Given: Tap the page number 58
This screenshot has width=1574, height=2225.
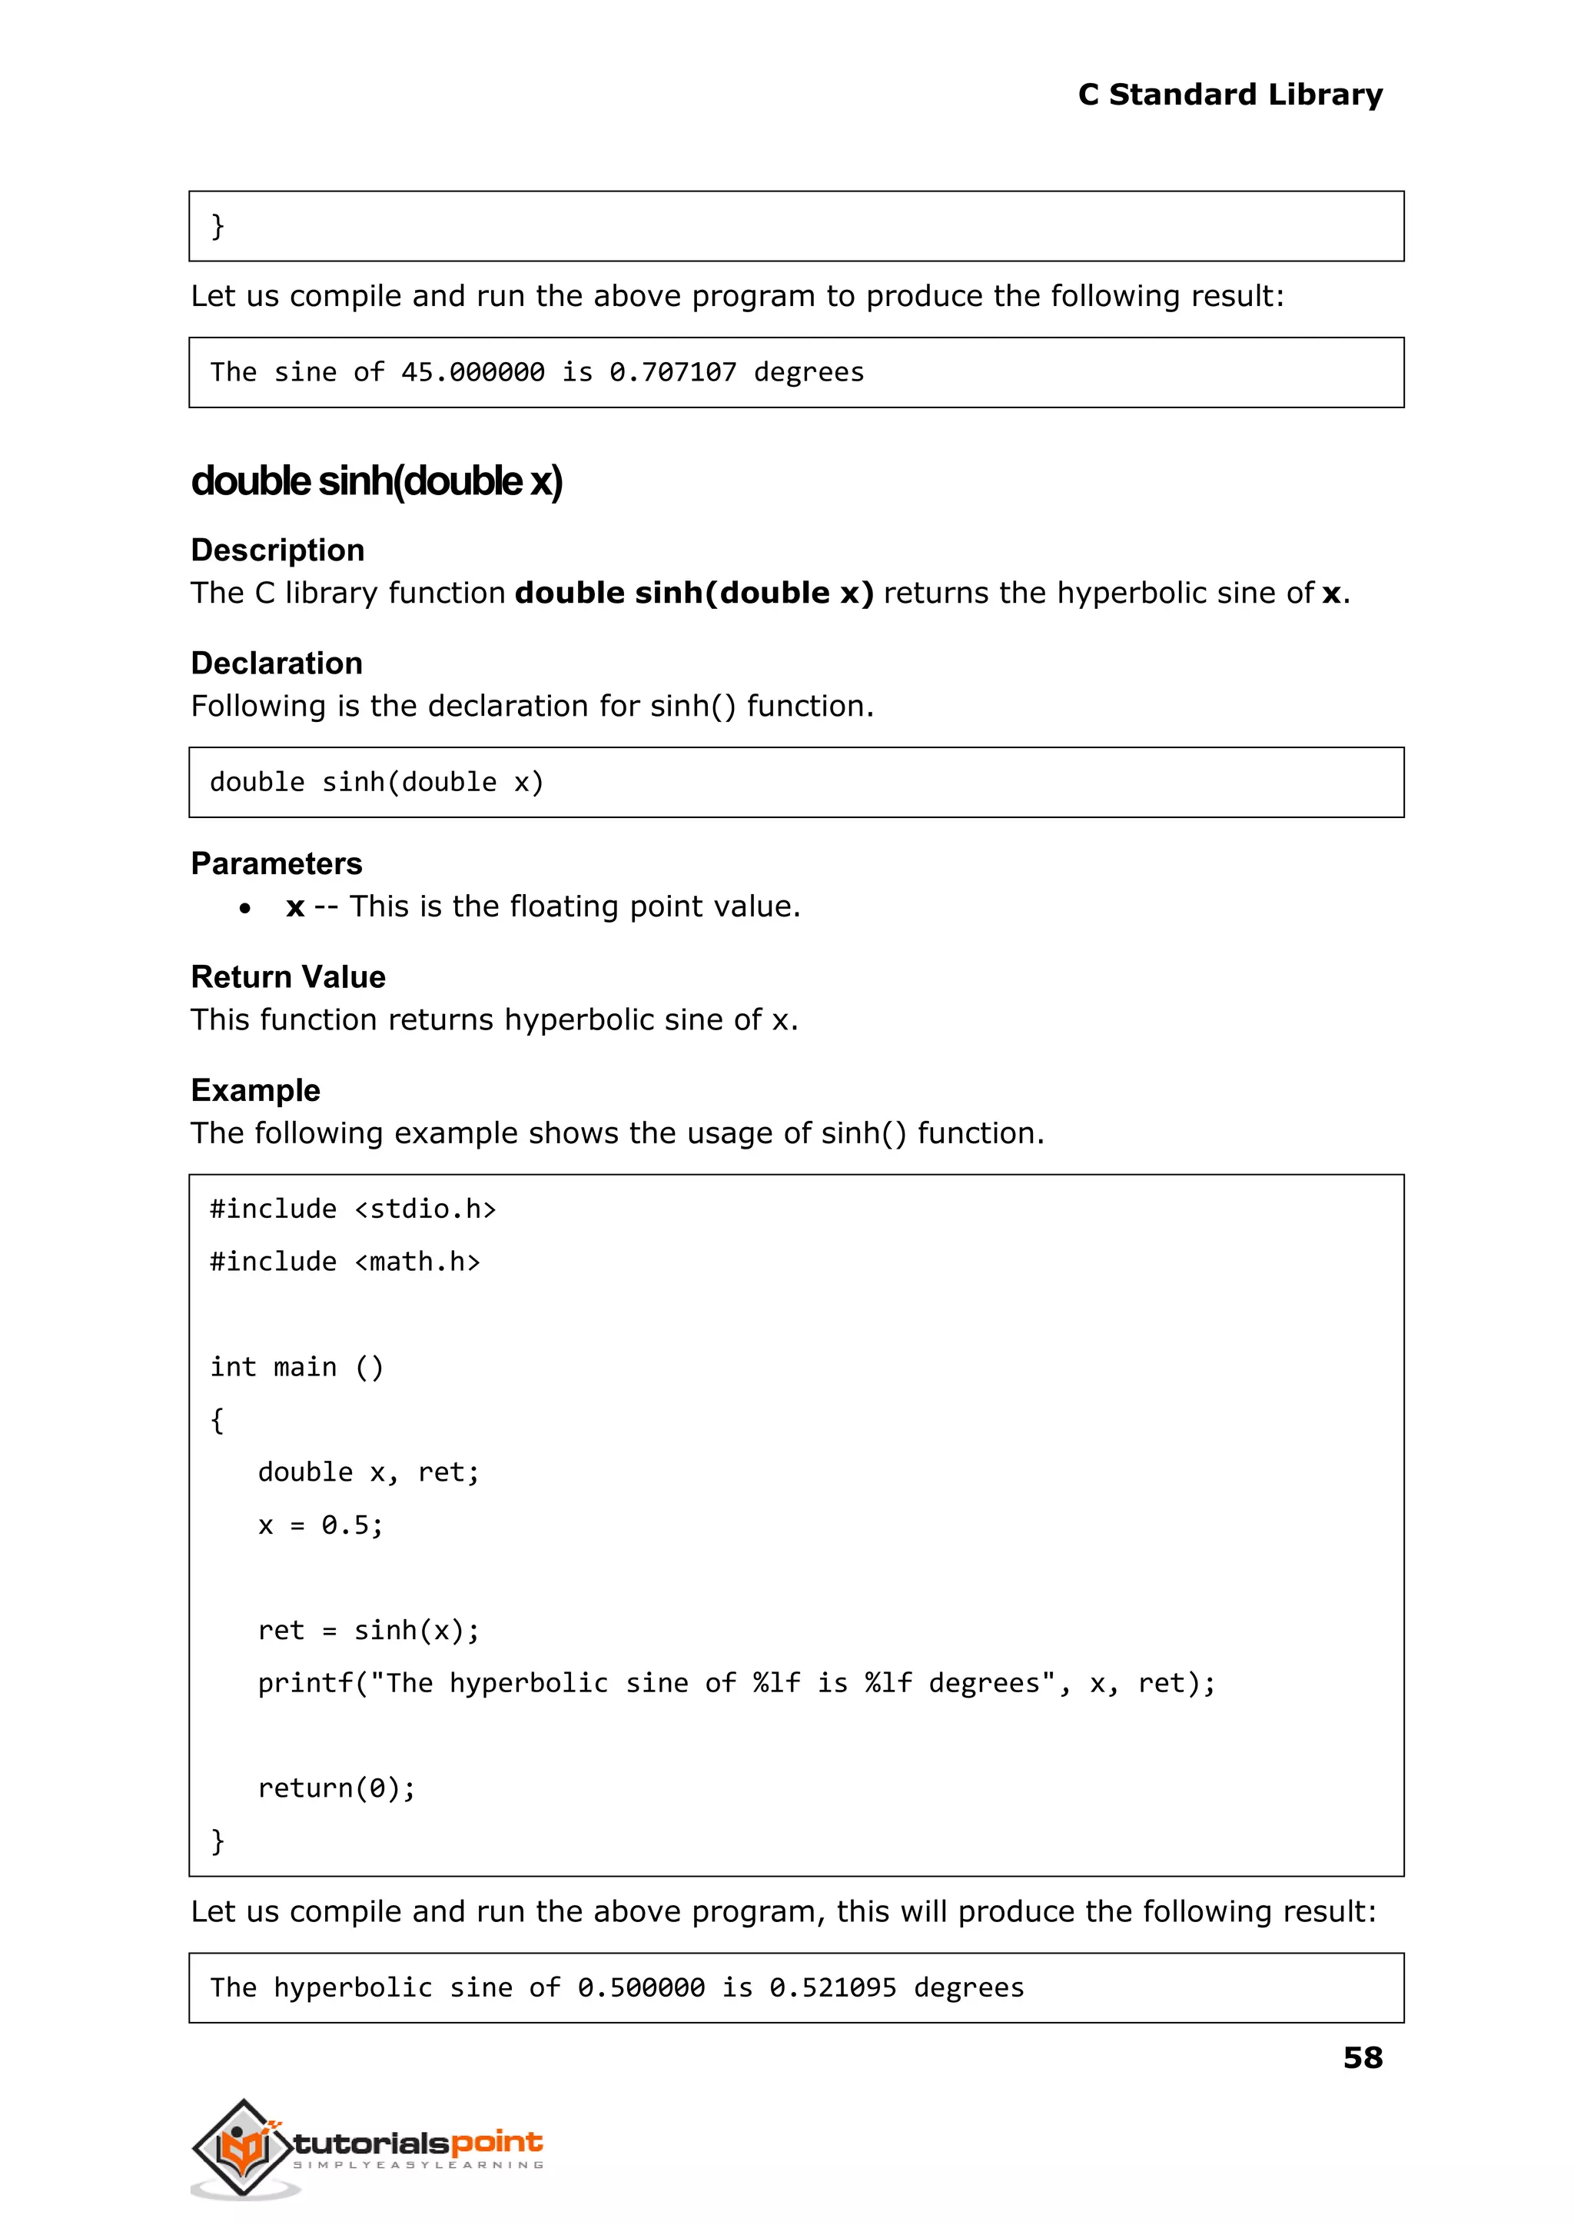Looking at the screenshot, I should click(x=1362, y=2057).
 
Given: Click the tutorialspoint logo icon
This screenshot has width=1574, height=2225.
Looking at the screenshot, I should click(x=242, y=2147).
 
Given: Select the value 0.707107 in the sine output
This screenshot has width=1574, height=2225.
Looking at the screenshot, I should click(x=672, y=372).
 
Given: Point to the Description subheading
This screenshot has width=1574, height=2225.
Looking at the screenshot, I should click(x=277, y=550).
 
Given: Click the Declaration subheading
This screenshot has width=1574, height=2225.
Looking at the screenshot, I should click(x=276, y=664).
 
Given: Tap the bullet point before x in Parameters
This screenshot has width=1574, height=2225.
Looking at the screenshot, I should click(x=245, y=909).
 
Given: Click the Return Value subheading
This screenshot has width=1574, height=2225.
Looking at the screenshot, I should click(x=288, y=976).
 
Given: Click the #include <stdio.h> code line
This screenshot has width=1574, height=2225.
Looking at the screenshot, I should click(x=353, y=1209).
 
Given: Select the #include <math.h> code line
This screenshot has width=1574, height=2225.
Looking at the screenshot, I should click(x=345, y=1262).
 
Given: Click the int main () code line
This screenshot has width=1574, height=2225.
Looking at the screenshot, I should click(x=297, y=1367).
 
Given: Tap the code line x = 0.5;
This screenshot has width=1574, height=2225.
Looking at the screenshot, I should click(x=320, y=1525).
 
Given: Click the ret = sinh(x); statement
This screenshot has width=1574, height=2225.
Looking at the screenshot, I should click(x=368, y=1631).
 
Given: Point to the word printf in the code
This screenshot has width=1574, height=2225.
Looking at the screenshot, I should click(x=305, y=1683).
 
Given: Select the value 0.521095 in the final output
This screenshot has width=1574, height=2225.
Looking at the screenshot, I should click(x=832, y=1987).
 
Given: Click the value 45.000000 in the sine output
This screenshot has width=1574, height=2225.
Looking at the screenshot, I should click(x=472, y=372).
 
